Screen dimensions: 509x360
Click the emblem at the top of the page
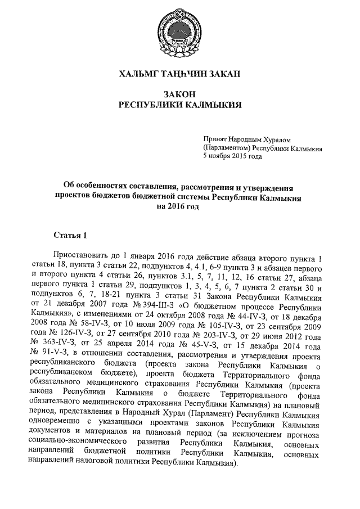click(x=180, y=35)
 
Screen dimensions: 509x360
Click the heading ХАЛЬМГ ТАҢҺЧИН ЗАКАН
click(x=180, y=74)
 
